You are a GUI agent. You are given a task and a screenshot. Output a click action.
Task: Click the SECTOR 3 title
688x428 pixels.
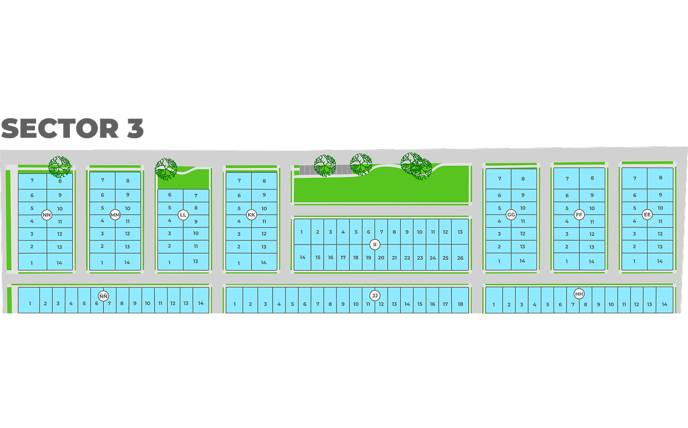(x=72, y=129)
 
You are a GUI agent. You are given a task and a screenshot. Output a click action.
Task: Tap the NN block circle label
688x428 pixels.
(x=47, y=215)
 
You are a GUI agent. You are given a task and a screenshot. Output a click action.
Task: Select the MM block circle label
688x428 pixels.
(x=115, y=215)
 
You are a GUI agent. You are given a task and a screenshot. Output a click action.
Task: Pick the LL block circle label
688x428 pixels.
(x=183, y=215)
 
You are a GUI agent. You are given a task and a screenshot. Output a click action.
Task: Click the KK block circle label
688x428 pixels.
(x=251, y=215)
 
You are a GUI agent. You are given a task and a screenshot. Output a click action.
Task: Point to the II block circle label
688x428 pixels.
(x=374, y=244)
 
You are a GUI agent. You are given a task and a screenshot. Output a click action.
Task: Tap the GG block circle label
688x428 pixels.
(x=511, y=215)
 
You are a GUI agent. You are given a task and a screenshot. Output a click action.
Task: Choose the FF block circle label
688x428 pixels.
(x=579, y=215)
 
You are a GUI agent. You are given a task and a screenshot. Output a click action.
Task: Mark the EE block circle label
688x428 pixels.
(x=647, y=215)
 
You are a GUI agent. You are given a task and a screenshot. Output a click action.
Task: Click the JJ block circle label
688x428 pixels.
(x=374, y=295)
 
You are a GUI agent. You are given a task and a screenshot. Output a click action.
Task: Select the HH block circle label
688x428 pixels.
(x=579, y=294)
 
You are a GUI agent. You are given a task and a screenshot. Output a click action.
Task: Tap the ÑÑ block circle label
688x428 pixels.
(x=103, y=295)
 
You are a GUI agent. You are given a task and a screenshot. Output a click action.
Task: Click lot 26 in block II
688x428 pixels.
(x=460, y=258)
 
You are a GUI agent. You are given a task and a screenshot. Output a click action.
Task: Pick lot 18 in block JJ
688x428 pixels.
(x=460, y=304)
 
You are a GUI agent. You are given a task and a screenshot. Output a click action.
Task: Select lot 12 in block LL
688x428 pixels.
(x=196, y=261)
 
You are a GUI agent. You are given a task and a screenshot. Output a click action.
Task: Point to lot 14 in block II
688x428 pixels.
(x=303, y=258)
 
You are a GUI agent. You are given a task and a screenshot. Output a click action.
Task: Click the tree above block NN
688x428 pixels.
(x=60, y=166)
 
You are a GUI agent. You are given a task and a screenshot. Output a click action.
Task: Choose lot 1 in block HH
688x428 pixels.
(x=494, y=305)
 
